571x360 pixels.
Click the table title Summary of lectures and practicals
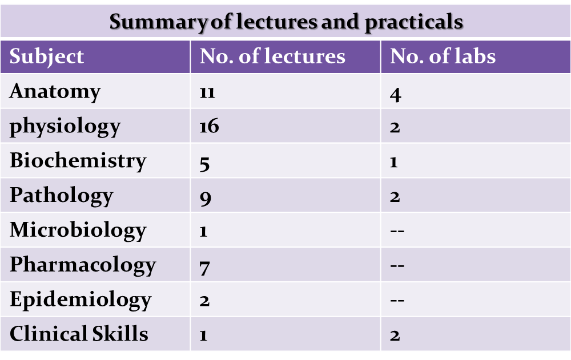click(x=285, y=22)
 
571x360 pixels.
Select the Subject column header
click(x=47, y=56)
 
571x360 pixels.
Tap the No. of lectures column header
click(x=272, y=56)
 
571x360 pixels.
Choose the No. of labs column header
click(x=443, y=56)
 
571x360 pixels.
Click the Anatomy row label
click(x=55, y=91)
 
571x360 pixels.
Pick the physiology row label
click(x=65, y=126)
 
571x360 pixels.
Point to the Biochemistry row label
click(x=78, y=161)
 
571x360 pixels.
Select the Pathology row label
click(x=61, y=196)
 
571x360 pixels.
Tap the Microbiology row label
click(x=78, y=230)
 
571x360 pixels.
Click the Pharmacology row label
click(x=82, y=265)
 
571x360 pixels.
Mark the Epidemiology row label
click(x=80, y=300)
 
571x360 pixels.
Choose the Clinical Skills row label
click(x=79, y=334)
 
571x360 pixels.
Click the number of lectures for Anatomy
click(x=207, y=93)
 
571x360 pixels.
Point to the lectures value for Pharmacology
click(x=206, y=267)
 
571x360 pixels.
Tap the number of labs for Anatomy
click(x=395, y=94)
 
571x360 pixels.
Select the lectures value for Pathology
click(x=206, y=198)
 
